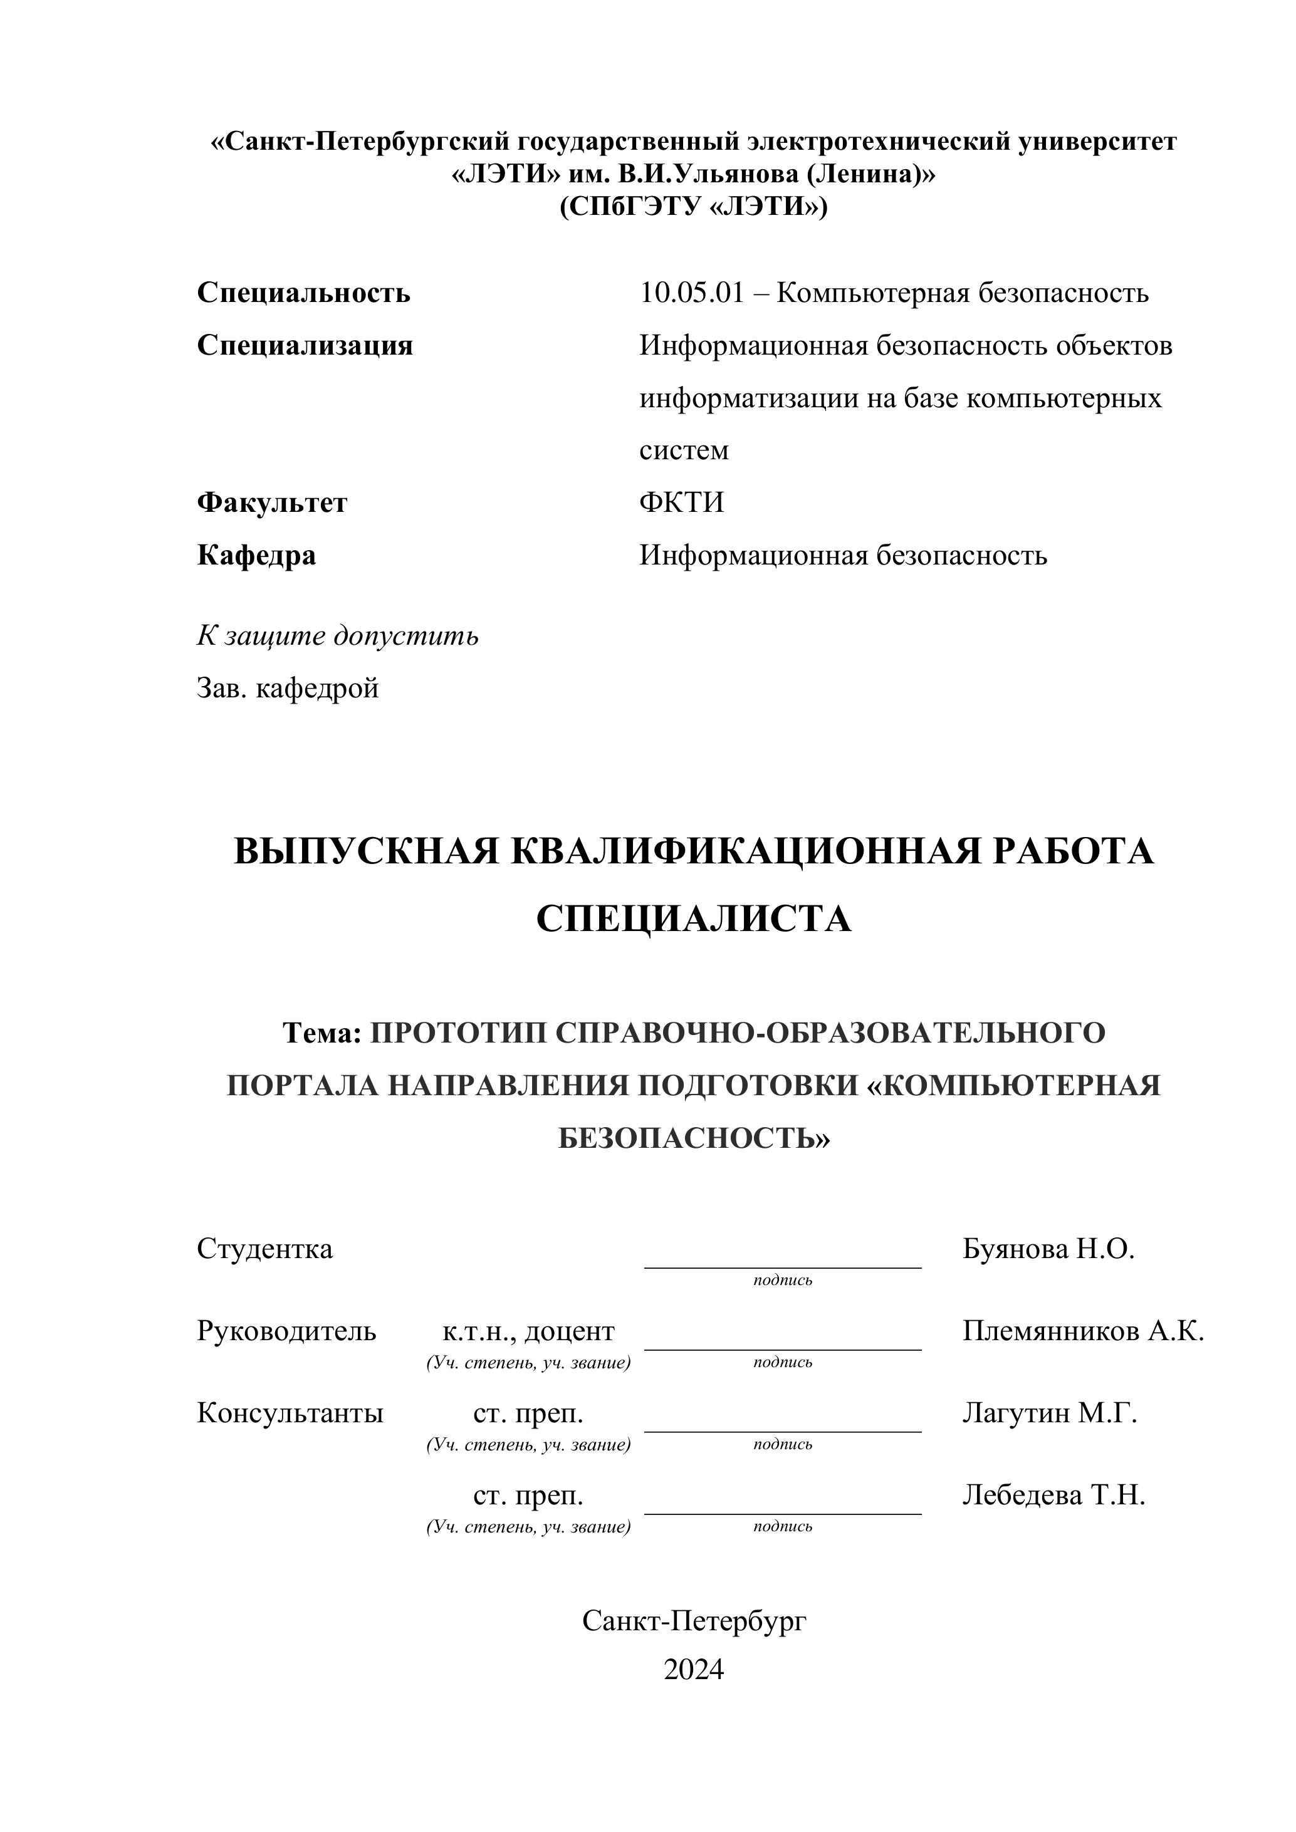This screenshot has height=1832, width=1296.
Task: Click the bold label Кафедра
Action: pyautogui.click(x=256, y=555)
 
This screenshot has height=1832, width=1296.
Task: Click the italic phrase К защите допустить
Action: pyautogui.click(x=338, y=636)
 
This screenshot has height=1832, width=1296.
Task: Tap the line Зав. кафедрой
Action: pyautogui.click(x=287, y=688)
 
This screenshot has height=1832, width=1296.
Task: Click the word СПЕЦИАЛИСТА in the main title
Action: pyautogui.click(x=694, y=919)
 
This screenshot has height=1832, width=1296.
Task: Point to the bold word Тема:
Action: pyautogui.click(x=322, y=1033)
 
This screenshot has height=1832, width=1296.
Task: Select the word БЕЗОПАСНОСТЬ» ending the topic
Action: pyautogui.click(x=694, y=1138)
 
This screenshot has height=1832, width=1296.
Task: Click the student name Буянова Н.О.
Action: pyautogui.click(x=1048, y=1249)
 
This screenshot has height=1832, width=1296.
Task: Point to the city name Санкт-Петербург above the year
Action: pyautogui.click(x=694, y=1621)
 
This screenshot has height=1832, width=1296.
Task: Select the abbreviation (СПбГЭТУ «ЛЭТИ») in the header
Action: pyautogui.click(x=694, y=207)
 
